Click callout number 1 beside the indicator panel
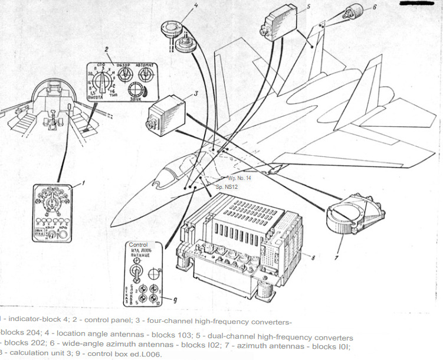pyautogui.click(x=83, y=183)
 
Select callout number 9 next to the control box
pyautogui.click(x=175, y=300)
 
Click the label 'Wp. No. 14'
pyautogui.click(x=239, y=177)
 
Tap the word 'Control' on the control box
pyautogui.click(x=138, y=244)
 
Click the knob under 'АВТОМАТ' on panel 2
pyautogui.click(x=145, y=75)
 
